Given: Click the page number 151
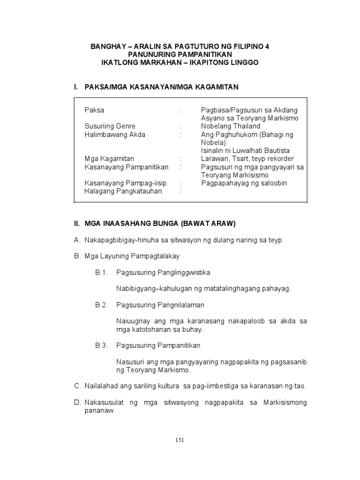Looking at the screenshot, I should (180, 440).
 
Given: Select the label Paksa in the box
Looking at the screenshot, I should (94, 110).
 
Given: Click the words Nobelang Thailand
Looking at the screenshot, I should (231, 126).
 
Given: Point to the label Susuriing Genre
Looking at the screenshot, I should (110, 126).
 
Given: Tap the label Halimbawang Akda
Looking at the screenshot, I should (115, 135).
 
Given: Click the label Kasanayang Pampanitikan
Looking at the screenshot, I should (126, 167).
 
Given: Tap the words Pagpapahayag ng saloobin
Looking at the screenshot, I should (244, 183).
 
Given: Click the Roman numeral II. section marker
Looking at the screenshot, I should (77, 224).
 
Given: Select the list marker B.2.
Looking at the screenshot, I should (102, 305).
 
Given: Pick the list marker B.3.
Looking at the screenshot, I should (102, 345).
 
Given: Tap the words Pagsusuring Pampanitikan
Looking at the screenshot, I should (158, 345).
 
